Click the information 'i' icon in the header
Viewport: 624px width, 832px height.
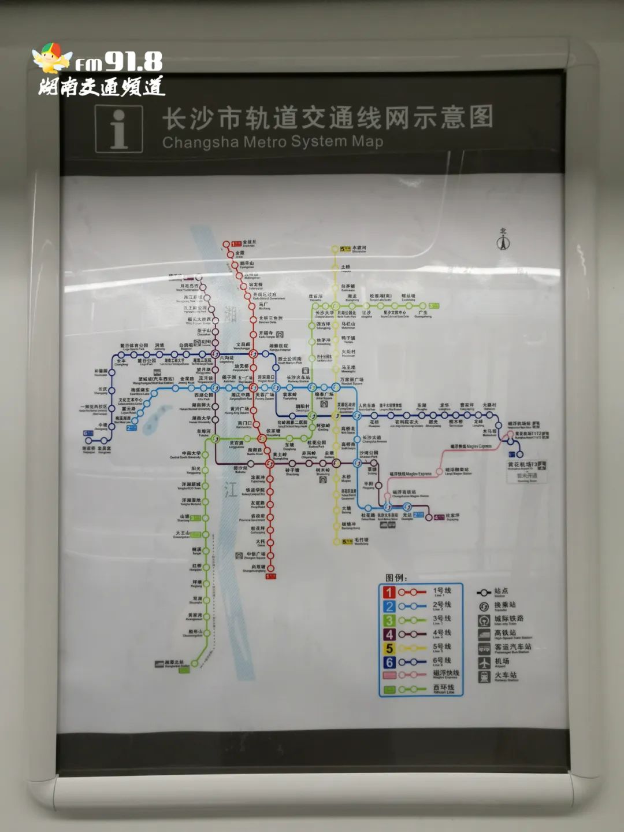coord(119,129)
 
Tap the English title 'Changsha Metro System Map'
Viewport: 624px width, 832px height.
coord(272,142)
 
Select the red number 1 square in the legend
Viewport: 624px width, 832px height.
coord(389,593)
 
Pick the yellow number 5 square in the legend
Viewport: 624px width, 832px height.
coord(389,649)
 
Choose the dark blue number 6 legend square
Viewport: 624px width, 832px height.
coord(389,663)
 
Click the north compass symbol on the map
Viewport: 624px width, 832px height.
coord(503,241)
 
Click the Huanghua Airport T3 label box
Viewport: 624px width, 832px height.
coord(526,465)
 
